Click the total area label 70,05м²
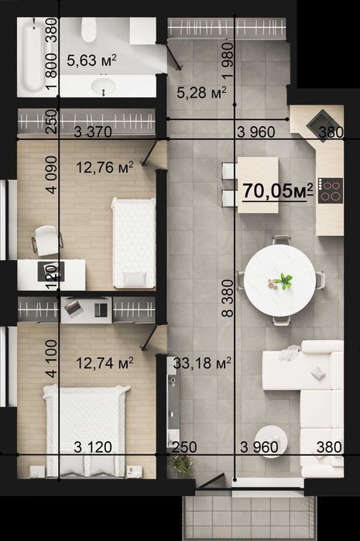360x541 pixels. pos(278,191)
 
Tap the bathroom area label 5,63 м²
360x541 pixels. pos(91,60)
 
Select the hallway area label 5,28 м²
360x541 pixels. pos(201,92)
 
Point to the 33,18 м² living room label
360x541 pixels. pos(202,363)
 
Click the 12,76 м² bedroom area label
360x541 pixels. pos(105,168)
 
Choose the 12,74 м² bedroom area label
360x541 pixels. pos(105,363)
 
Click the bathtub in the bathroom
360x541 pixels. pos(32,57)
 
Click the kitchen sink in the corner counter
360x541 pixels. pos(322,123)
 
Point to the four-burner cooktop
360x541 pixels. pos(331,190)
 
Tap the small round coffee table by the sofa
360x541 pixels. pos(273,441)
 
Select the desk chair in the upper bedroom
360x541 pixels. pos(46,241)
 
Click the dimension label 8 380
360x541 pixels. pos(228,299)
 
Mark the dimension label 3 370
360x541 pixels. pos(93,132)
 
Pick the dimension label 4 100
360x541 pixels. pos(51,358)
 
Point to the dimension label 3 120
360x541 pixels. pos(93,447)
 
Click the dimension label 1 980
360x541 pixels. pos(228,61)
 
